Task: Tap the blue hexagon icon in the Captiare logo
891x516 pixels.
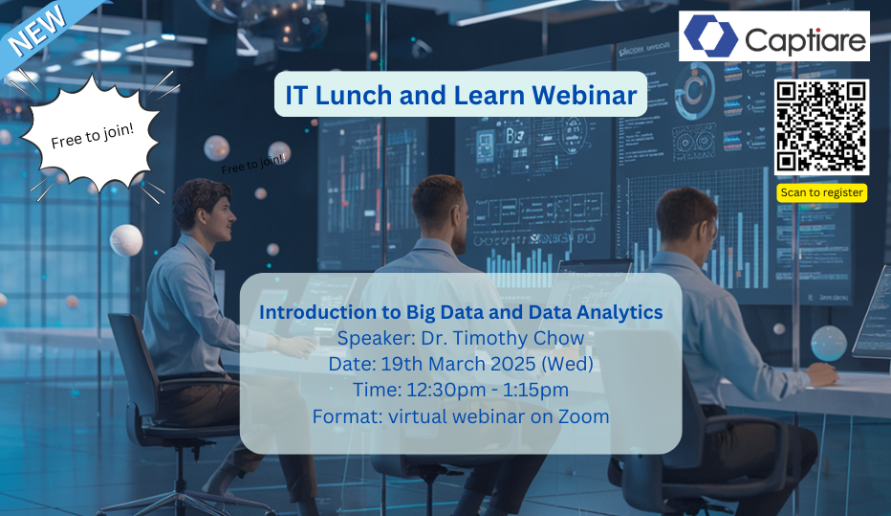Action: click(x=710, y=36)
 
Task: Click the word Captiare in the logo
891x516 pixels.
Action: click(x=805, y=39)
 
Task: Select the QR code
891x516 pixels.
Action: click(x=821, y=126)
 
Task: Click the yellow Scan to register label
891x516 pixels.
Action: click(x=821, y=192)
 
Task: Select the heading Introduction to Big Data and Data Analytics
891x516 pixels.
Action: click(x=461, y=312)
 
